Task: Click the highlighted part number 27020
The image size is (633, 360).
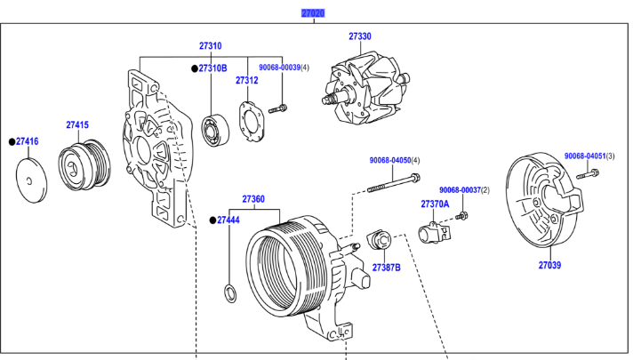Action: pyautogui.click(x=313, y=13)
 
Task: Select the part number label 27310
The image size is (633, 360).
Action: pyautogui.click(x=210, y=46)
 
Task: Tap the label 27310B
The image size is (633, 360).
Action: pyautogui.click(x=212, y=68)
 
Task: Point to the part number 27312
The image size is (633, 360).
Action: pyautogui.click(x=246, y=80)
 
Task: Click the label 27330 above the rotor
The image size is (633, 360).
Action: pyautogui.click(x=359, y=36)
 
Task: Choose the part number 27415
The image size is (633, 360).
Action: pyautogui.click(x=77, y=125)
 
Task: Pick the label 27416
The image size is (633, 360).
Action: pyautogui.click(x=28, y=141)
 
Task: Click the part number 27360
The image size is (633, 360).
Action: pyautogui.click(x=253, y=199)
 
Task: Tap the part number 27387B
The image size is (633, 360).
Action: pyautogui.click(x=386, y=267)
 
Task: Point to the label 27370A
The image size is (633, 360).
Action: pyautogui.click(x=435, y=204)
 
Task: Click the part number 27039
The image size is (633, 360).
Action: pyautogui.click(x=549, y=264)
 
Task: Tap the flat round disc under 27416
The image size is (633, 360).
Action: pyautogui.click(x=33, y=182)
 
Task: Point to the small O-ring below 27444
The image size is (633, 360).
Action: pyautogui.click(x=228, y=292)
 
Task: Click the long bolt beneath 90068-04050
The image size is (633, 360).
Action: pyautogui.click(x=392, y=185)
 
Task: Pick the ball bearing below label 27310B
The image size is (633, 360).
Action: pyautogui.click(x=215, y=128)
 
